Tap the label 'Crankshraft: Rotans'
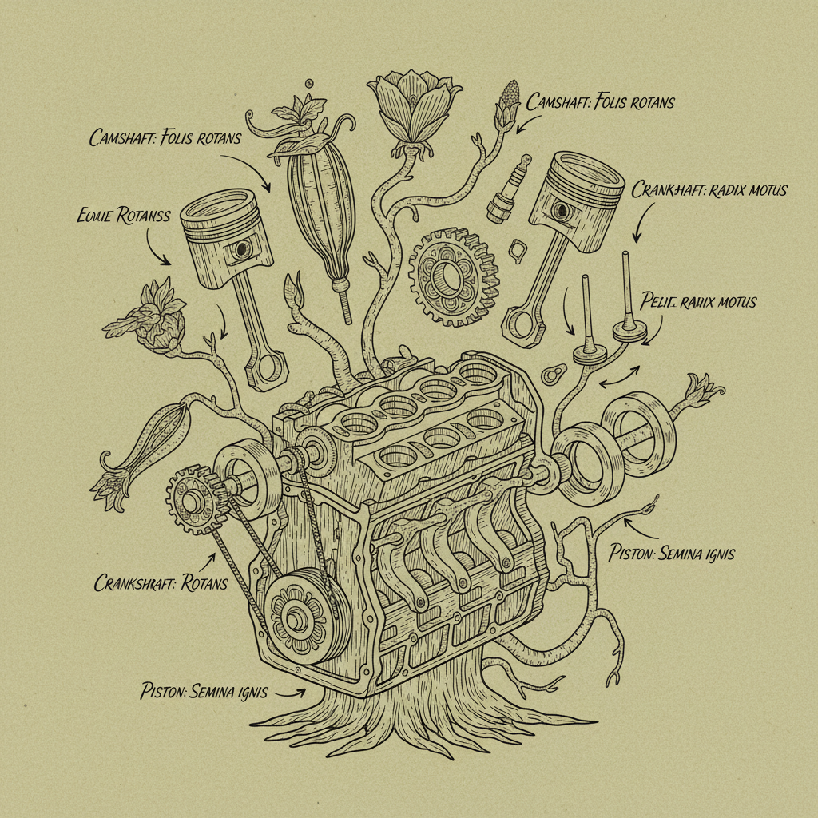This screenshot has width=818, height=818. click(x=161, y=582)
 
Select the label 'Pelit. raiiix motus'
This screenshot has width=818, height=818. click(x=698, y=302)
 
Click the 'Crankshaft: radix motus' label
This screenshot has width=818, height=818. click(x=709, y=190)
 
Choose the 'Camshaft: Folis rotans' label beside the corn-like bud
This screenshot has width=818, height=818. click(x=601, y=102)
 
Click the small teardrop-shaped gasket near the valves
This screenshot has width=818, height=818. click(x=553, y=374)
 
